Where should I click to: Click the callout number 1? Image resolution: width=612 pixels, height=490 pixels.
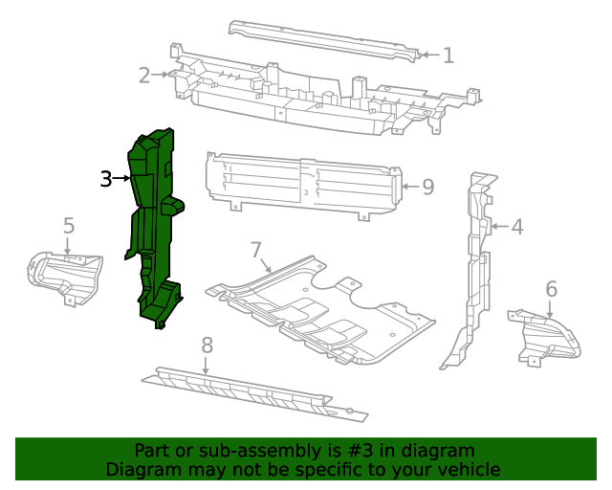click(448, 56)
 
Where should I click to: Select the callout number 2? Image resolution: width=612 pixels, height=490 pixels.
click(144, 74)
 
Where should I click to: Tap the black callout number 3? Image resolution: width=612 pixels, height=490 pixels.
click(106, 178)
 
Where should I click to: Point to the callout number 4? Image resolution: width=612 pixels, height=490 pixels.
click(516, 227)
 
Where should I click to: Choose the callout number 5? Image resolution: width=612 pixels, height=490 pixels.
click(69, 226)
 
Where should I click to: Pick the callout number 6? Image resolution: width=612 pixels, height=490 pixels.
click(551, 289)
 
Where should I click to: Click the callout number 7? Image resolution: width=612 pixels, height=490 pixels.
click(256, 251)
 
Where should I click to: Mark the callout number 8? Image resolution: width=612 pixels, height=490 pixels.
click(207, 345)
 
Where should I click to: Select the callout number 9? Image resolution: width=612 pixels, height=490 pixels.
click(427, 187)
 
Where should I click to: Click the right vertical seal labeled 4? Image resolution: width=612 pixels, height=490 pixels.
click(473, 268)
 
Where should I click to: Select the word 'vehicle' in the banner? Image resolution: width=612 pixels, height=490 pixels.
click(467, 469)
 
